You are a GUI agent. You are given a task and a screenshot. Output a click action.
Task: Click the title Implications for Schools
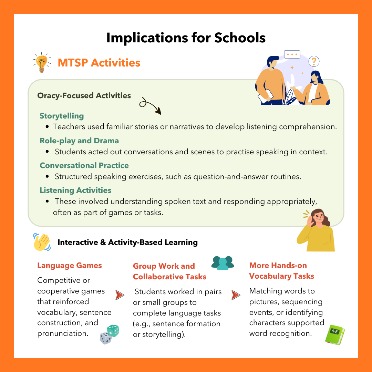186,38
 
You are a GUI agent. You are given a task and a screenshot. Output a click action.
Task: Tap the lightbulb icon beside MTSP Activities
42,62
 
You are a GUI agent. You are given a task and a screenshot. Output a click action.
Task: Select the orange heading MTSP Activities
99,63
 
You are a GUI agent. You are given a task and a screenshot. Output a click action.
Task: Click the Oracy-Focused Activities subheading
84,95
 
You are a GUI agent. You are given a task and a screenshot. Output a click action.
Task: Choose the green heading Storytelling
62,116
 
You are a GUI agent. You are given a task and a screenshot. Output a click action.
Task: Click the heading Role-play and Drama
79,141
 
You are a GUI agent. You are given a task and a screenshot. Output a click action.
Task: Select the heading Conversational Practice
84,165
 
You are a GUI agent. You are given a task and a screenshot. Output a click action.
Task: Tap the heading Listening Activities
75,190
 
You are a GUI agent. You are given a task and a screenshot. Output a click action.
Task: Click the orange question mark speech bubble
314,62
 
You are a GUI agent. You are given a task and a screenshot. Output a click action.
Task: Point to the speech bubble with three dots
292,54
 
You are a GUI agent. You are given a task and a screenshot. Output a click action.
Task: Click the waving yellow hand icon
42,241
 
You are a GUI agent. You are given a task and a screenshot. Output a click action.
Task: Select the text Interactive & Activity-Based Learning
128,242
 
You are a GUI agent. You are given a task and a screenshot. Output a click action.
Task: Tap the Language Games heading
70,266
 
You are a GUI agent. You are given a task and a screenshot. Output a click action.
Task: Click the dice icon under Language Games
110,334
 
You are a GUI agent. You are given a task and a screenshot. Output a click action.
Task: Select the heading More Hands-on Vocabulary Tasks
281,271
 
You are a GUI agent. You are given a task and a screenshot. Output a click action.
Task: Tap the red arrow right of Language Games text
120,295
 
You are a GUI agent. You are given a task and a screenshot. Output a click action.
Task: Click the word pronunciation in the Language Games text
62,333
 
